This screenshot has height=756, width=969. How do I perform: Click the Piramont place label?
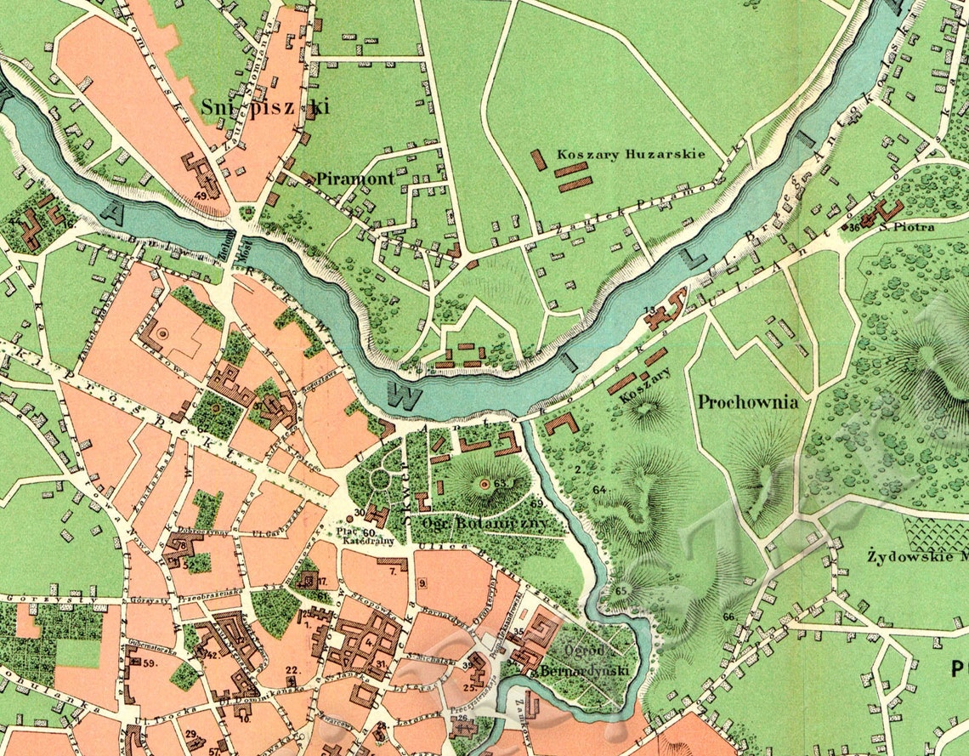355,179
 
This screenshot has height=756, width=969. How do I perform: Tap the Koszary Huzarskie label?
630,155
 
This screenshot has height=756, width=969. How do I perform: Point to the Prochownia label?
748,402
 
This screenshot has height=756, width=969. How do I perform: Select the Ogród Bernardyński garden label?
595,661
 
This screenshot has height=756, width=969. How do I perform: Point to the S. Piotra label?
907,227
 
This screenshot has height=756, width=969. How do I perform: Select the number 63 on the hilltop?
499,483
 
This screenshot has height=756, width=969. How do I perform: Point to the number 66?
728,617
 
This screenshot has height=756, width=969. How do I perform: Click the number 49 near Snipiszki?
201,195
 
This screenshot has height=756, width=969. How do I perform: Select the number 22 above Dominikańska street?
291,670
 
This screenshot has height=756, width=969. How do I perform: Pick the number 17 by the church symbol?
322,582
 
